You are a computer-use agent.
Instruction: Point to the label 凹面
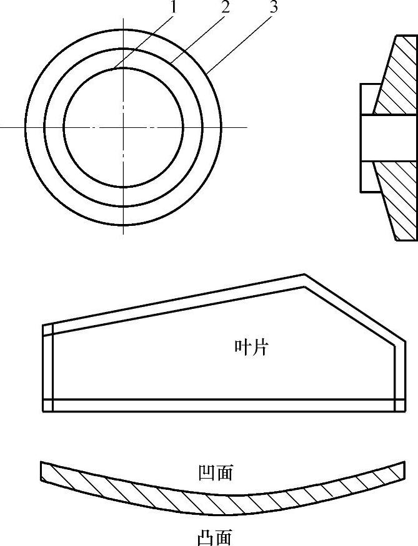point(214,473)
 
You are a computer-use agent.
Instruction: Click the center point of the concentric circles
point(124,127)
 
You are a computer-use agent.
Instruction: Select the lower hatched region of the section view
point(397,200)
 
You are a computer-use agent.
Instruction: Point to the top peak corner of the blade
point(304,275)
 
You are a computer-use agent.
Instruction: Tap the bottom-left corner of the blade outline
point(42,411)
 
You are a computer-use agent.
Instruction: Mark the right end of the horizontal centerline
point(247,127)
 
